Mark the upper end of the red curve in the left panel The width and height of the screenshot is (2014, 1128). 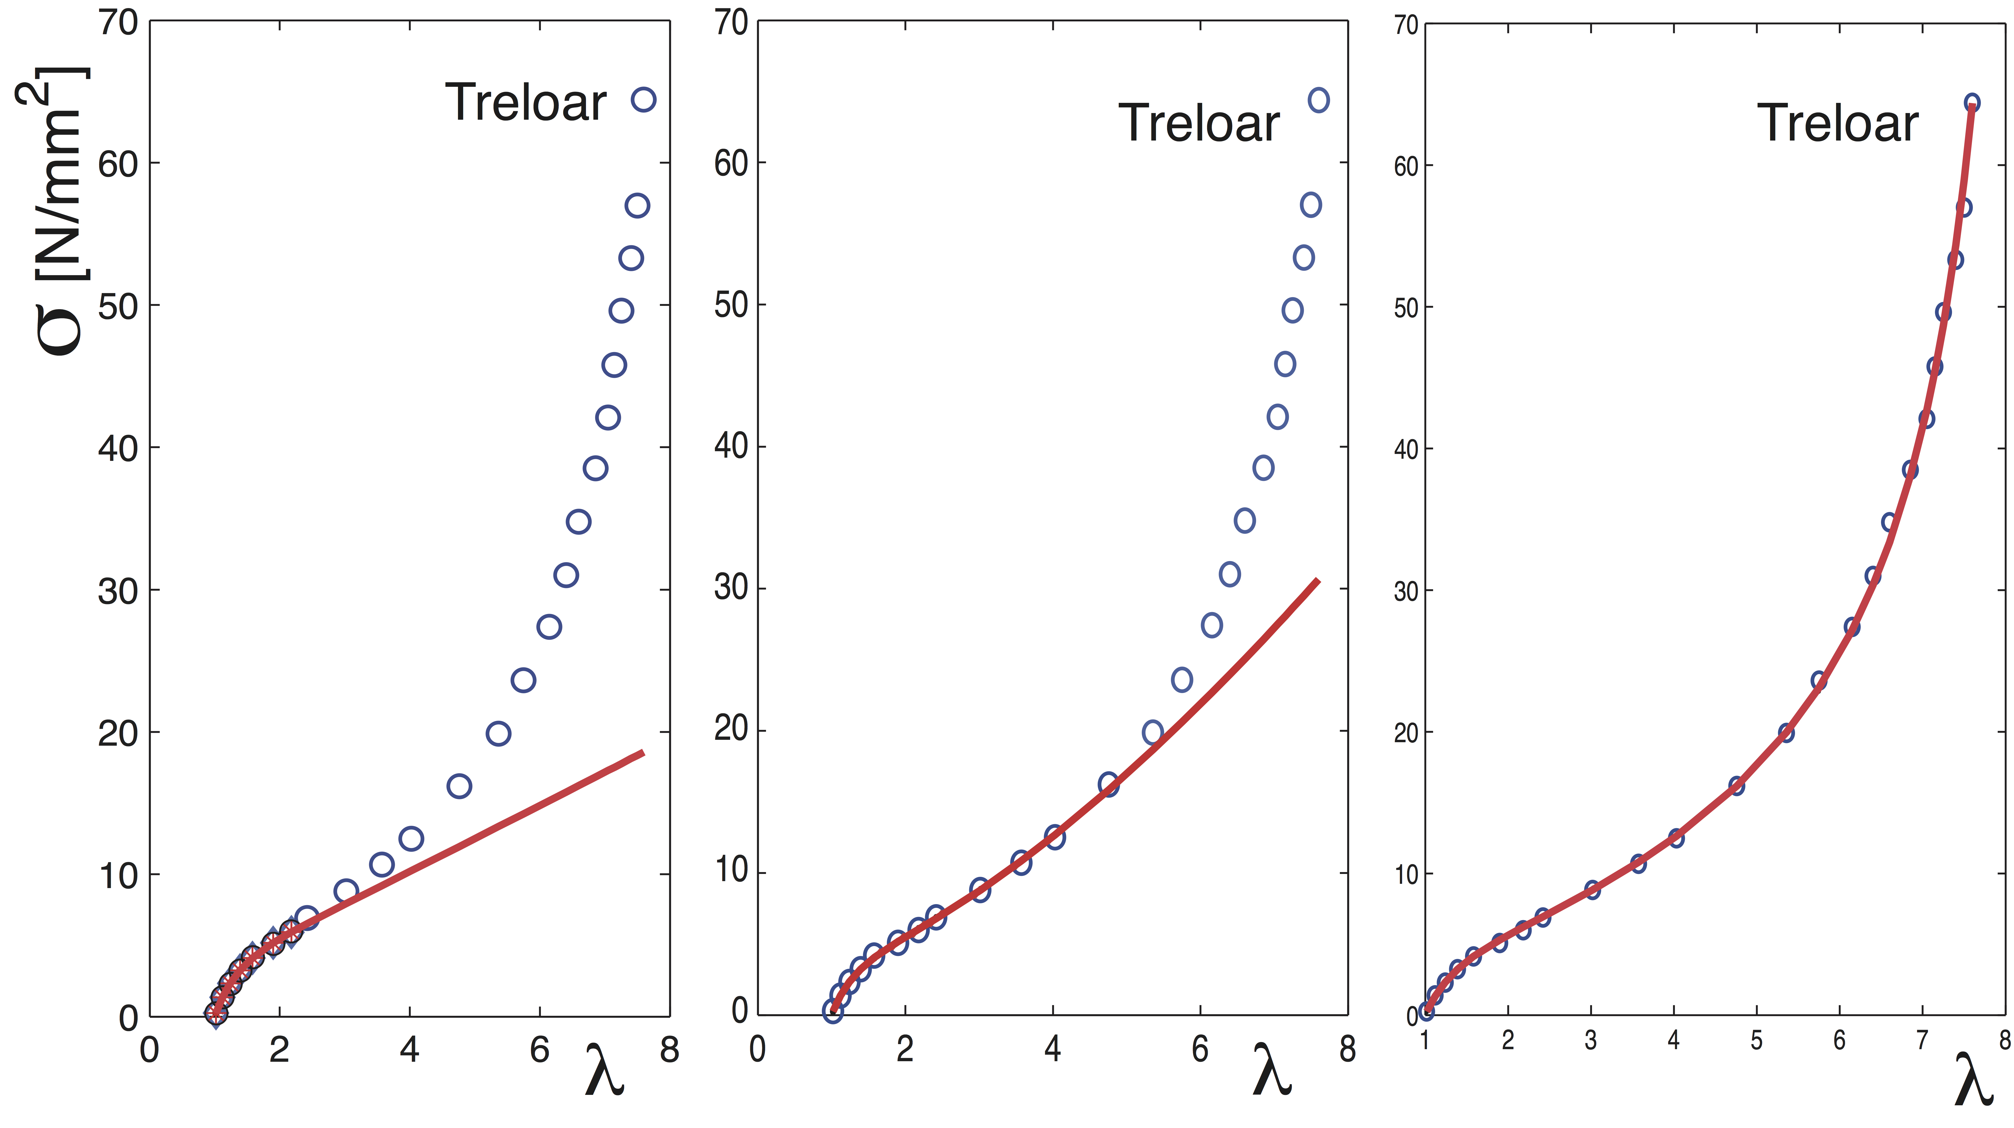pos(643,753)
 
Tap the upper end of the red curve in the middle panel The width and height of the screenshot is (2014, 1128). pos(1318,580)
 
